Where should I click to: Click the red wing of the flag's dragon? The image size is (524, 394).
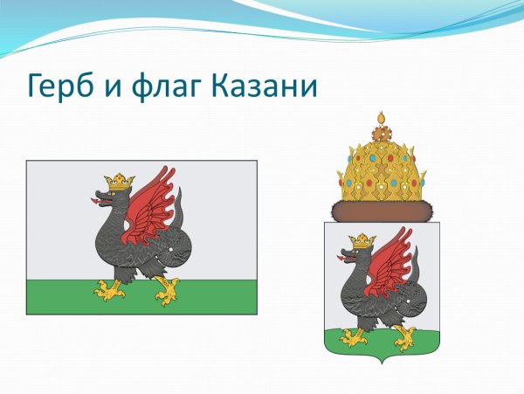[150, 204]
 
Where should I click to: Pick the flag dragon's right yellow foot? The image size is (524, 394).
[166, 290]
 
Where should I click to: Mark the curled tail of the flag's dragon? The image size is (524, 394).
[175, 249]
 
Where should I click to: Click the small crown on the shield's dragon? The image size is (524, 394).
[362, 240]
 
